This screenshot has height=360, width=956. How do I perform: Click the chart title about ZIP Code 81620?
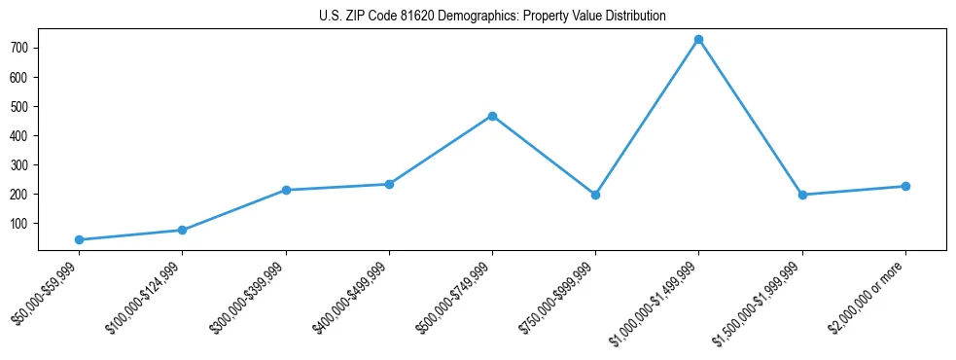(x=492, y=16)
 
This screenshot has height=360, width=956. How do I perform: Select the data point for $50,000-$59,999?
(x=79, y=239)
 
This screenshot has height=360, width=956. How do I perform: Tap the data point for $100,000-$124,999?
(x=182, y=230)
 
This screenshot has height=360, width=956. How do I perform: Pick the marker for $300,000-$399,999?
(x=285, y=190)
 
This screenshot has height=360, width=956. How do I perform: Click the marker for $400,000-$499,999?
(x=389, y=184)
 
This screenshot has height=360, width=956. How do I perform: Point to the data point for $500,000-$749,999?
(x=492, y=116)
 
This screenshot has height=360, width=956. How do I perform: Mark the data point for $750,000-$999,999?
(x=595, y=195)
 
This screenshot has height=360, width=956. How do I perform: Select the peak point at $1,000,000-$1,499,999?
(x=698, y=40)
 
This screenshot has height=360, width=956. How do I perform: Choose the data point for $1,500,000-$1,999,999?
(x=802, y=195)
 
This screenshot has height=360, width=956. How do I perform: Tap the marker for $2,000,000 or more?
(x=905, y=186)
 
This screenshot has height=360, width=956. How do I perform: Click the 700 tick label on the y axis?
(x=20, y=48)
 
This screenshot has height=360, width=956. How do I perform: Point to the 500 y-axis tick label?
(x=20, y=106)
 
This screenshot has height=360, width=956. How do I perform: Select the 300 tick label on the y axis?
(x=20, y=164)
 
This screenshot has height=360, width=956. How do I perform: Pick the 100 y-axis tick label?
(x=20, y=223)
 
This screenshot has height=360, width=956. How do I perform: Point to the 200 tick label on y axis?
(x=20, y=194)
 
